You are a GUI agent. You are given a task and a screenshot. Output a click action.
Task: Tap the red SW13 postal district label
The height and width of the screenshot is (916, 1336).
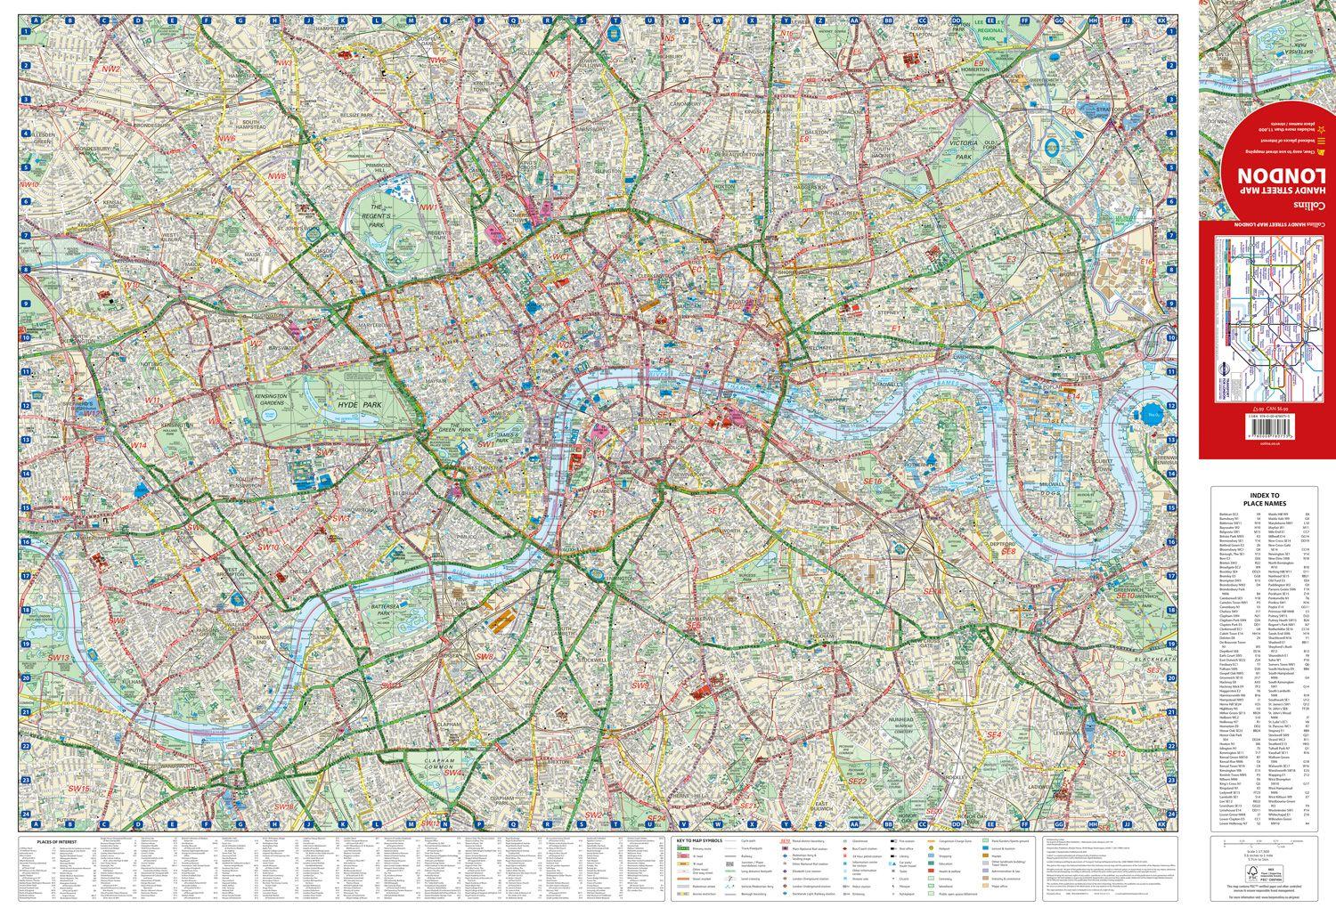[x=59, y=657]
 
